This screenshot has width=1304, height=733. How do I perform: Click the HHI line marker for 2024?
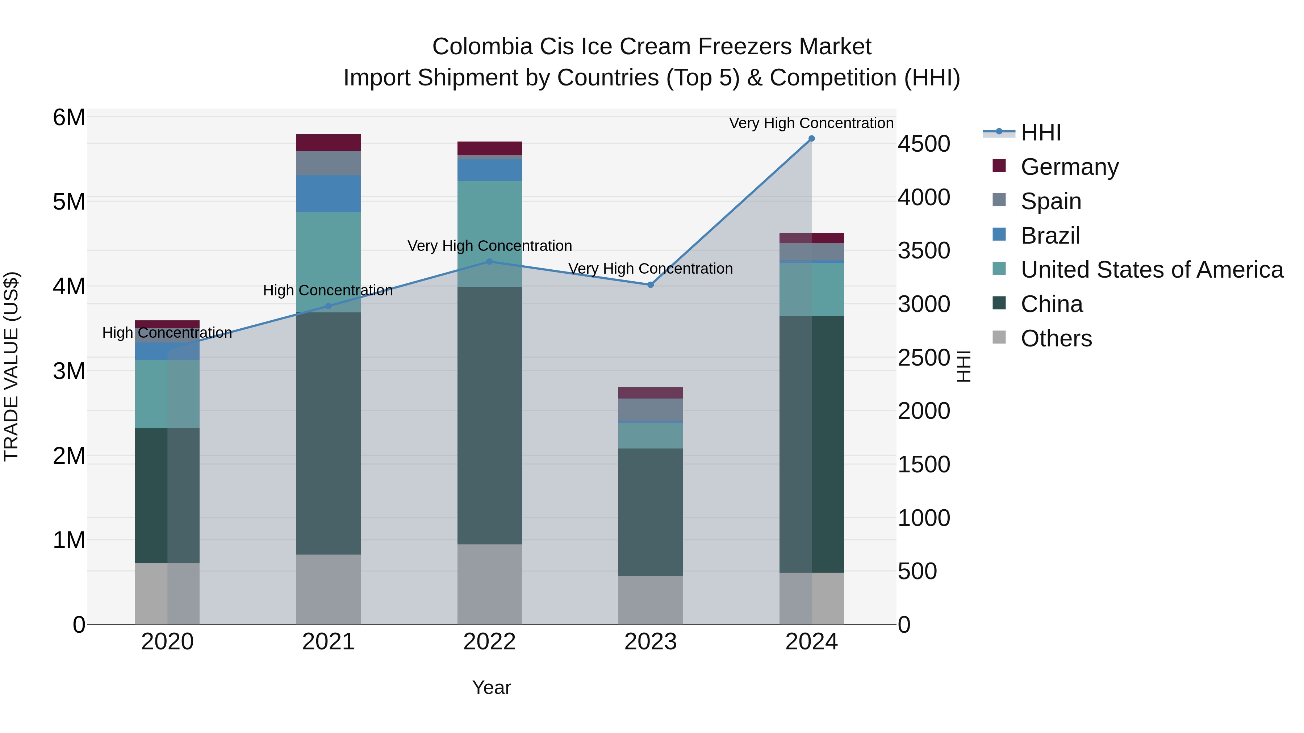click(811, 139)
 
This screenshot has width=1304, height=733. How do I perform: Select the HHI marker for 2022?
click(489, 262)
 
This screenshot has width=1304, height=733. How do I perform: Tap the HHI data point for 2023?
click(651, 285)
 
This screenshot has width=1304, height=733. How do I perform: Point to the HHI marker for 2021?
click(328, 306)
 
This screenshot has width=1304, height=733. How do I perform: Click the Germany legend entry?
click(1069, 167)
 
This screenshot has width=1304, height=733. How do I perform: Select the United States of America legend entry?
click(1152, 270)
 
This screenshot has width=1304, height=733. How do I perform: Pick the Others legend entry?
click(1056, 338)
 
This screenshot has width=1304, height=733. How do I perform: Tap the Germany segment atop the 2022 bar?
click(489, 148)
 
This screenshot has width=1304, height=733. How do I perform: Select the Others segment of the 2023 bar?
click(651, 599)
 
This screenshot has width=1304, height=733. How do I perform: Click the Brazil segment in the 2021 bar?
click(328, 193)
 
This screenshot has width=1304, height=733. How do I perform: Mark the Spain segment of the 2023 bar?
click(651, 409)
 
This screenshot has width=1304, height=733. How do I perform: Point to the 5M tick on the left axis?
click(69, 202)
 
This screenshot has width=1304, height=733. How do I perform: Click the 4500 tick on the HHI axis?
click(924, 144)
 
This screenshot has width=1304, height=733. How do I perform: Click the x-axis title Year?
click(491, 687)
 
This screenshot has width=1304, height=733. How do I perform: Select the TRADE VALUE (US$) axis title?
click(12, 366)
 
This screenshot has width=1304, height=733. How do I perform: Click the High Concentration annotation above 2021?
click(328, 290)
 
